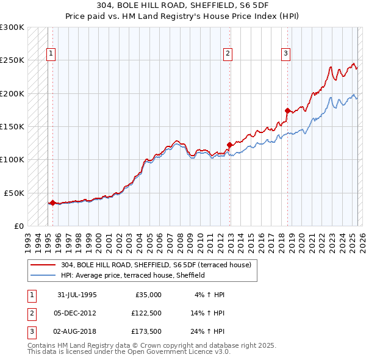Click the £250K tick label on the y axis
click(12, 60)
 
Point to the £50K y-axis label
click(14, 193)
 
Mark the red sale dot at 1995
click(53, 203)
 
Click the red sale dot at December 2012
click(229, 145)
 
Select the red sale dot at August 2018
click(287, 111)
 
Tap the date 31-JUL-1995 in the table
click(77, 295)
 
